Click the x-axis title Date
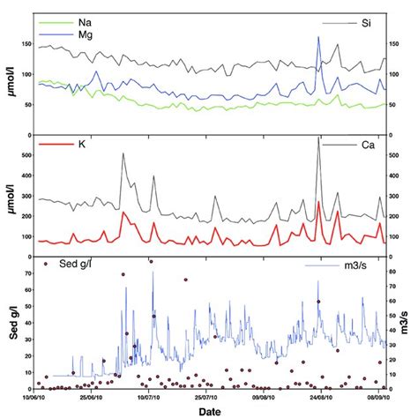point(210,411)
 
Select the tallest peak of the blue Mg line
point(317,37)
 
